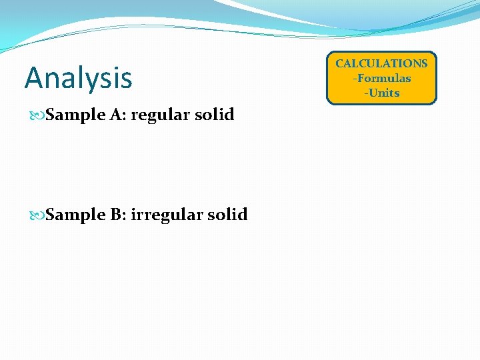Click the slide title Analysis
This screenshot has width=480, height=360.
(x=78, y=78)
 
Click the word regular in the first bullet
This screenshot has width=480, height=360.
(x=157, y=115)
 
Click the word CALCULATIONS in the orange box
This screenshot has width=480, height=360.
(x=381, y=64)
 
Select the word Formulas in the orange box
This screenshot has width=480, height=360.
(x=384, y=79)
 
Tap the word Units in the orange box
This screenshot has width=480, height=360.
(x=384, y=93)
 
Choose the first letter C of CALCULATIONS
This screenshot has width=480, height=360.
(x=339, y=64)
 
